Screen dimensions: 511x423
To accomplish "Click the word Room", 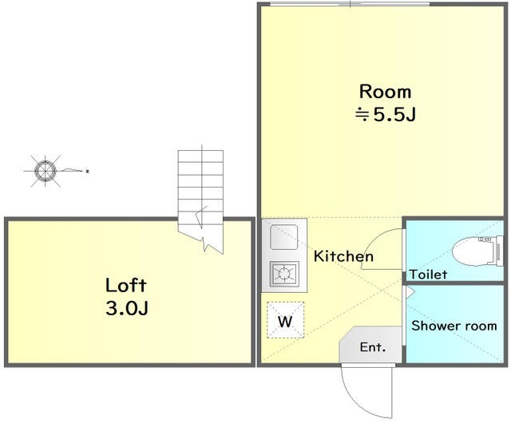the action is click(x=385, y=92).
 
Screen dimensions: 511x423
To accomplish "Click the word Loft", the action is click(x=126, y=285).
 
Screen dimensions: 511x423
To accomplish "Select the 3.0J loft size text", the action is click(x=127, y=308).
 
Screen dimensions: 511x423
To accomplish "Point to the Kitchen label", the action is click(x=343, y=256).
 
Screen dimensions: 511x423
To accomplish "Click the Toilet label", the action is click(x=428, y=275).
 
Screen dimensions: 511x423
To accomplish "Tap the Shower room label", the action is click(x=454, y=326).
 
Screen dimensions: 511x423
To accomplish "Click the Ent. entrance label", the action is click(x=373, y=347).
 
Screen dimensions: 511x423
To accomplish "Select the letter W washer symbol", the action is click(x=286, y=322).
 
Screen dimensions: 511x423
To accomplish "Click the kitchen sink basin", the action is click(x=284, y=237).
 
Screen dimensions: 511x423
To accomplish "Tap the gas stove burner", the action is click(x=284, y=273).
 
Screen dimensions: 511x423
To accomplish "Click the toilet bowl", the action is click(x=473, y=251).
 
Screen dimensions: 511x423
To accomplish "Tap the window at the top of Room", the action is click(x=350, y=4).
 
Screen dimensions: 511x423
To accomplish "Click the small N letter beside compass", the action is click(x=87, y=171).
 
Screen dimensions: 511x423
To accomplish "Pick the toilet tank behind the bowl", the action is click(x=499, y=251).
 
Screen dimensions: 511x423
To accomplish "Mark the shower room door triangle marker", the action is click(x=410, y=291).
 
